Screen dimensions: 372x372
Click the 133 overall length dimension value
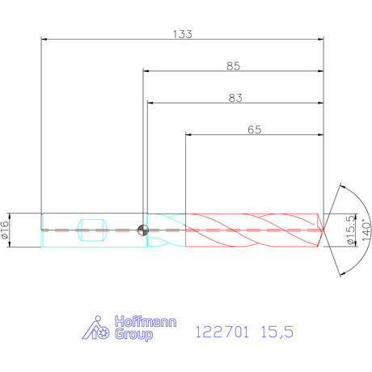(x=183, y=34)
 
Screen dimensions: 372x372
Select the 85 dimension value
(x=233, y=66)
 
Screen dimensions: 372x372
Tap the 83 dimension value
(x=235, y=98)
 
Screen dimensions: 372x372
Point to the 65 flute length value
(x=255, y=129)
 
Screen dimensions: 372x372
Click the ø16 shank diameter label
(x=5, y=230)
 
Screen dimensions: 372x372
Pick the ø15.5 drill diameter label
(x=350, y=230)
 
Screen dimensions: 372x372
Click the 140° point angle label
(x=366, y=230)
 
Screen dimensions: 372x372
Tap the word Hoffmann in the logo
(x=146, y=322)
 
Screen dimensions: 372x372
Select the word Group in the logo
(x=133, y=334)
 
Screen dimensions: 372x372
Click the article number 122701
(x=222, y=332)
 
